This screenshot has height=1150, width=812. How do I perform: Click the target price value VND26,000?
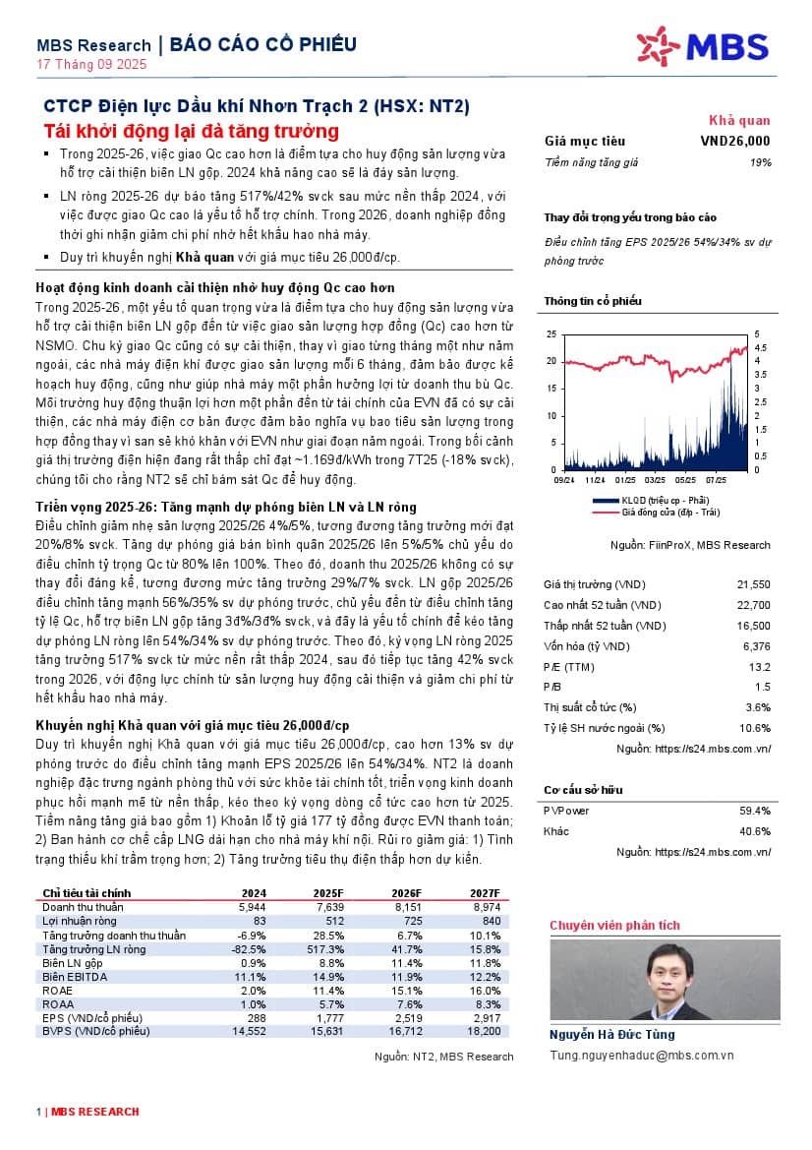coord(735,141)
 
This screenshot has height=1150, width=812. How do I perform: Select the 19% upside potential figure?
coord(760,161)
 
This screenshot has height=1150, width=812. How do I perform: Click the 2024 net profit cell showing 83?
coord(260,921)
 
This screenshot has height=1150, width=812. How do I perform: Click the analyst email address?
coord(642,1055)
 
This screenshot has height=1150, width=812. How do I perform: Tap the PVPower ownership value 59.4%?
coord(755,811)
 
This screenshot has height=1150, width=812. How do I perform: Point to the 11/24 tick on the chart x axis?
coord(595,481)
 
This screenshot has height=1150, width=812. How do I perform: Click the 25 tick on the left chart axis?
coord(551,334)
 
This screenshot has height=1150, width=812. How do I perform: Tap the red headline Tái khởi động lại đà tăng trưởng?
coord(192,131)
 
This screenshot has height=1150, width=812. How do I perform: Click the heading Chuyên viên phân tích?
coord(614,925)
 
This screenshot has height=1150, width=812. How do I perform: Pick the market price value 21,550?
coord(753,584)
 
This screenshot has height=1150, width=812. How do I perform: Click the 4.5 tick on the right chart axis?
coord(760,347)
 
